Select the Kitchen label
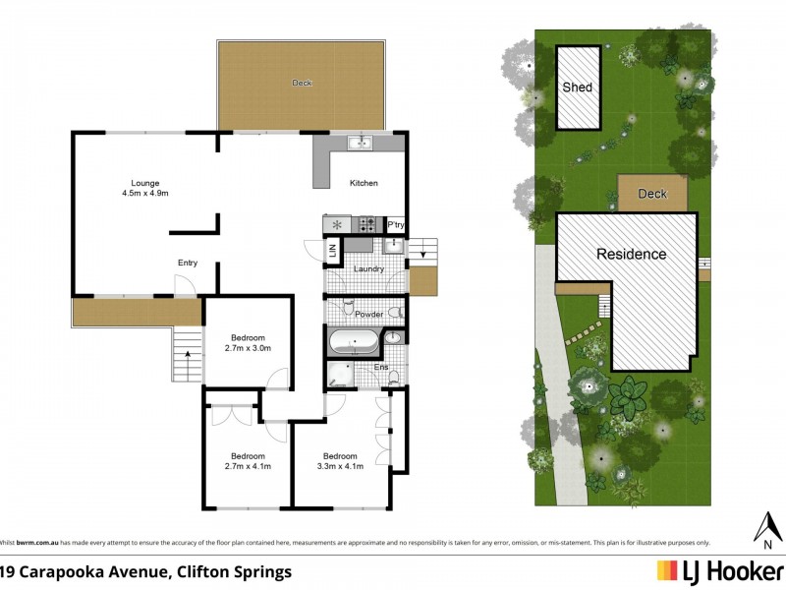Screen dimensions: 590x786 pyautogui.click(x=364, y=184)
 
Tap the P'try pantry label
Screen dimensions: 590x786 pyautogui.click(x=396, y=225)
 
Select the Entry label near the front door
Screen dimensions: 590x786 pyautogui.click(x=188, y=263)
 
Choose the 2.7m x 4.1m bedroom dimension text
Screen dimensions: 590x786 pyautogui.click(x=248, y=466)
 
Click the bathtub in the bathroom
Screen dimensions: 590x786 pyautogui.click(x=353, y=343)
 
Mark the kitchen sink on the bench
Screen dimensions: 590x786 pyautogui.click(x=361, y=144)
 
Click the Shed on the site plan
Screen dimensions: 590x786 pyautogui.click(x=578, y=88)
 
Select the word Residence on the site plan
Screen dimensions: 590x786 pyautogui.click(x=632, y=254)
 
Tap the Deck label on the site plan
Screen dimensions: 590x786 pyautogui.click(x=652, y=194)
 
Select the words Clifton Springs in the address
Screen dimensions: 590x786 pyautogui.click(x=238, y=570)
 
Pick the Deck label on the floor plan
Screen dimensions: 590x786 pyautogui.click(x=302, y=84)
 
